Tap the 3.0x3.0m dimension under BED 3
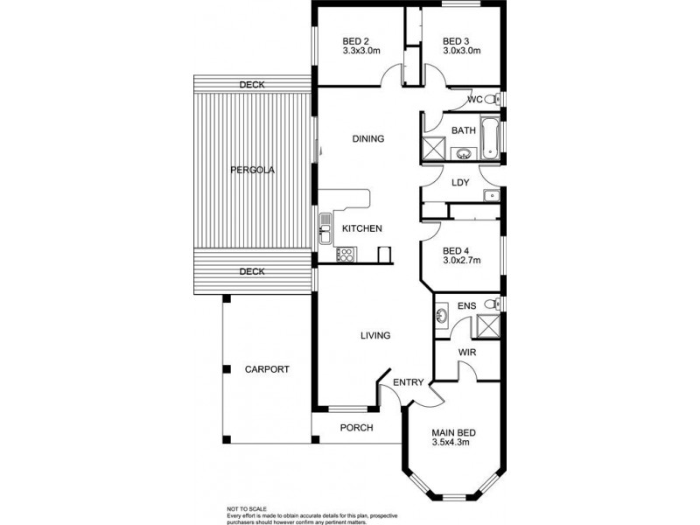point(462,52)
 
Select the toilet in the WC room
point(492,99)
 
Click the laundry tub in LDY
point(492,194)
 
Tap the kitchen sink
point(325,233)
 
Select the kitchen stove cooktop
point(345,255)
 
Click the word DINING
point(367,139)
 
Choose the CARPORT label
point(266,369)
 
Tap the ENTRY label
point(409,382)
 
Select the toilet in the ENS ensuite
point(493,304)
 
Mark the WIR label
point(467,353)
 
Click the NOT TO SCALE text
point(248,508)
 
